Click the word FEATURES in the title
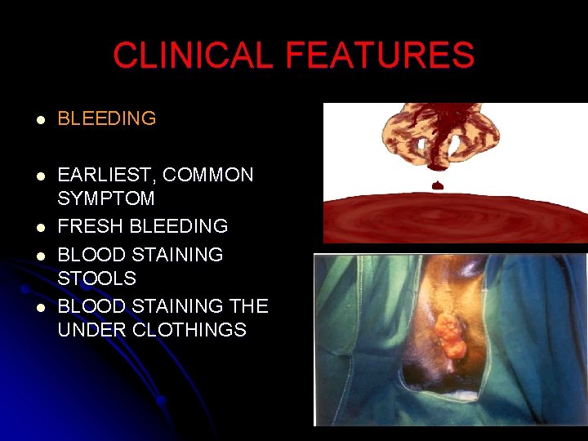380,56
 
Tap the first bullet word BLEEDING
106,118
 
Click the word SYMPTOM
106,198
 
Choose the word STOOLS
96,278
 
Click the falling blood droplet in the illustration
438,185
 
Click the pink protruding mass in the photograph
448,334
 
